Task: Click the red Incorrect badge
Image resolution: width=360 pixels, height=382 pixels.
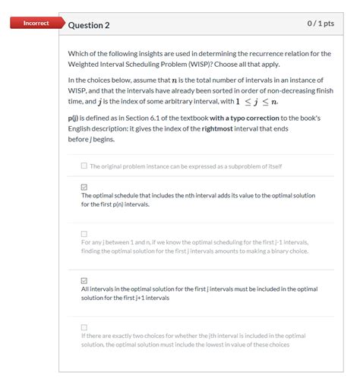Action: point(36,24)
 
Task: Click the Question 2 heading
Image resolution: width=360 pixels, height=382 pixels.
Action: point(89,25)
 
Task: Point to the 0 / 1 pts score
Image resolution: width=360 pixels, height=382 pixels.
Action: point(321,24)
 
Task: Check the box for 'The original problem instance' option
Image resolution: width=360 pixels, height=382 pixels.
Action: point(84,166)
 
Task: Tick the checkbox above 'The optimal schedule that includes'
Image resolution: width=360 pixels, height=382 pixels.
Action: point(84,187)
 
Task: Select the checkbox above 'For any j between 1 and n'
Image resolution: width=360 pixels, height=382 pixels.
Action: point(84,234)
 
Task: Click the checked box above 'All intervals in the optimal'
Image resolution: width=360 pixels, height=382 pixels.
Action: point(84,281)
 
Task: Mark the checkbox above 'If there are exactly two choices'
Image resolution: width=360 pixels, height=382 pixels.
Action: point(84,327)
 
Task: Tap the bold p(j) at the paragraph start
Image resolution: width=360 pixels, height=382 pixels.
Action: point(75,118)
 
